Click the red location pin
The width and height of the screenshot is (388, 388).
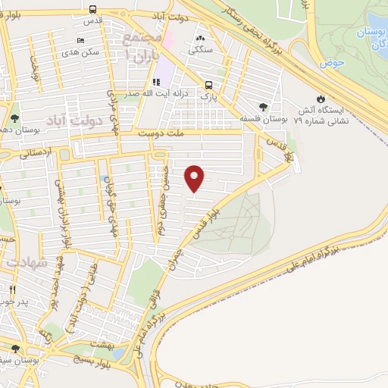(196, 177)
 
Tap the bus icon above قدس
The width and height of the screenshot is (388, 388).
(92, 10)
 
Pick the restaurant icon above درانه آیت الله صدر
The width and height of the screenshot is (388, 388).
(156, 82)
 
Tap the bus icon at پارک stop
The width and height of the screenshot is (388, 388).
(208, 85)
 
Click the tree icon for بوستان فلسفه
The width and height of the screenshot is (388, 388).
(263, 107)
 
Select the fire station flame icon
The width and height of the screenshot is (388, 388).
(321, 99)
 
